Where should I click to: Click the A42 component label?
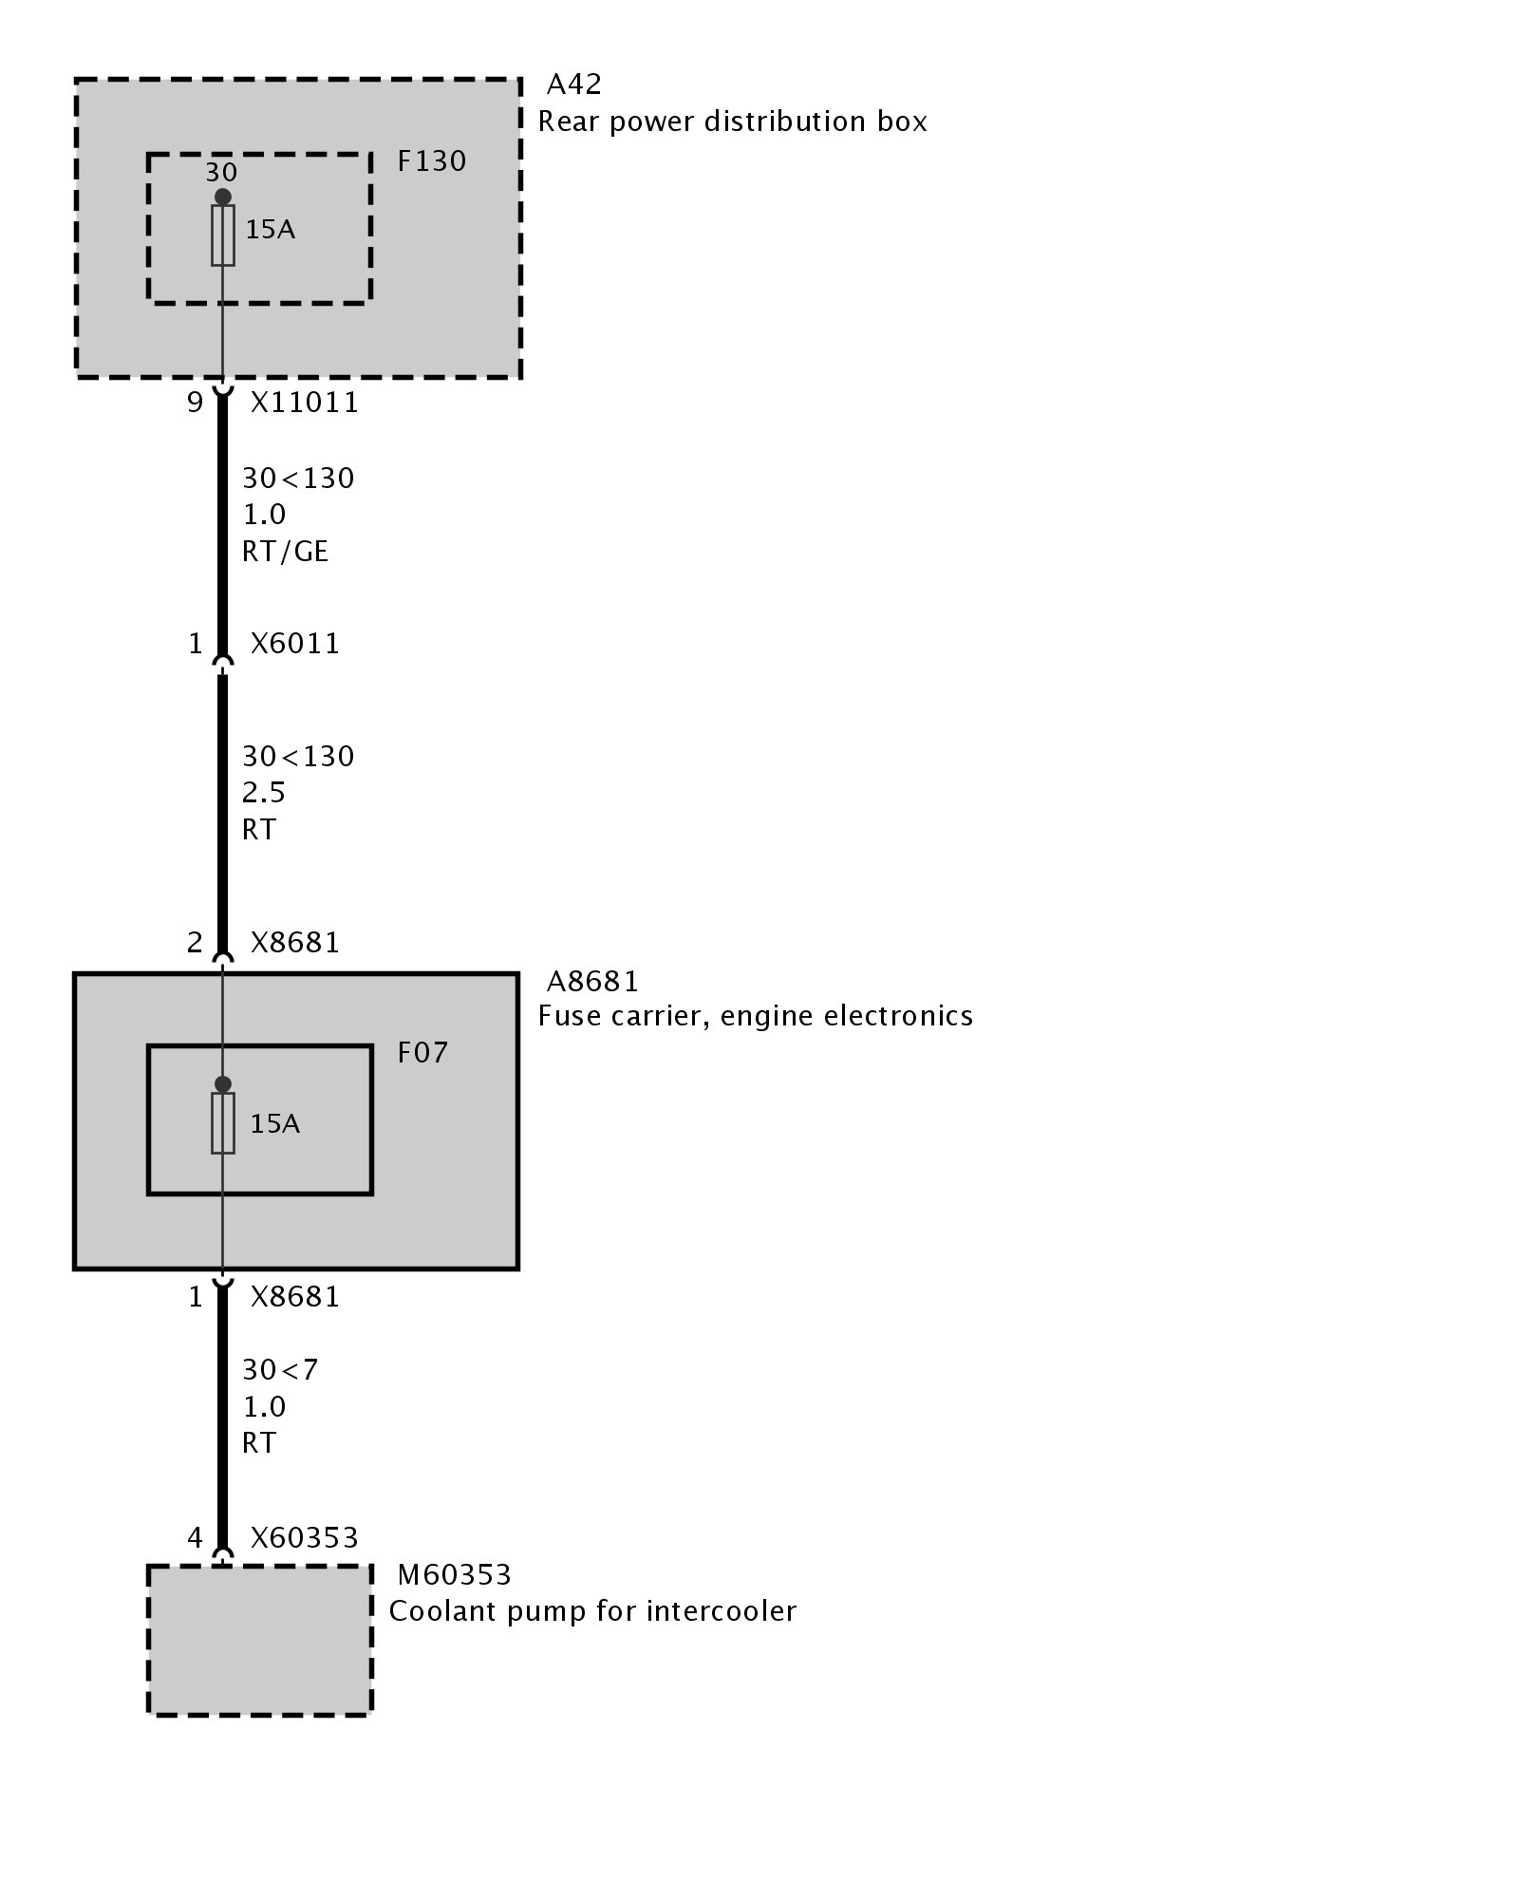(x=573, y=85)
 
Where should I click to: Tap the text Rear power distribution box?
(x=732, y=122)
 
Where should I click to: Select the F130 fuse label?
(x=431, y=161)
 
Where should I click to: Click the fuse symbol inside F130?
(x=223, y=235)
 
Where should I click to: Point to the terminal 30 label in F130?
(x=221, y=173)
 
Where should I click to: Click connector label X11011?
(x=305, y=403)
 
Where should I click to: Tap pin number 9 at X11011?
(x=195, y=403)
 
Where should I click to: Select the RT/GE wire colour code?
(x=285, y=552)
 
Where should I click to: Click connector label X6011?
(x=294, y=644)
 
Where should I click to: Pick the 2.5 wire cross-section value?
(x=263, y=793)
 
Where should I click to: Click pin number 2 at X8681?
(x=195, y=942)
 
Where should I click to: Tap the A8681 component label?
(x=592, y=981)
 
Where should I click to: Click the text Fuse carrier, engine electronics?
(x=755, y=1016)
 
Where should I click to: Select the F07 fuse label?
(x=422, y=1052)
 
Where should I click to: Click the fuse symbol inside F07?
(x=223, y=1123)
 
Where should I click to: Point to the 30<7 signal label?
(x=280, y=1369)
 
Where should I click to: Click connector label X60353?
(x=305, y=1537)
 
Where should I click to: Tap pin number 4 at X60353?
(x=195, y=1537)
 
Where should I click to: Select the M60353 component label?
(x=454, y=1575)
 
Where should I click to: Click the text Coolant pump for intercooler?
(x=592, y=1611)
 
